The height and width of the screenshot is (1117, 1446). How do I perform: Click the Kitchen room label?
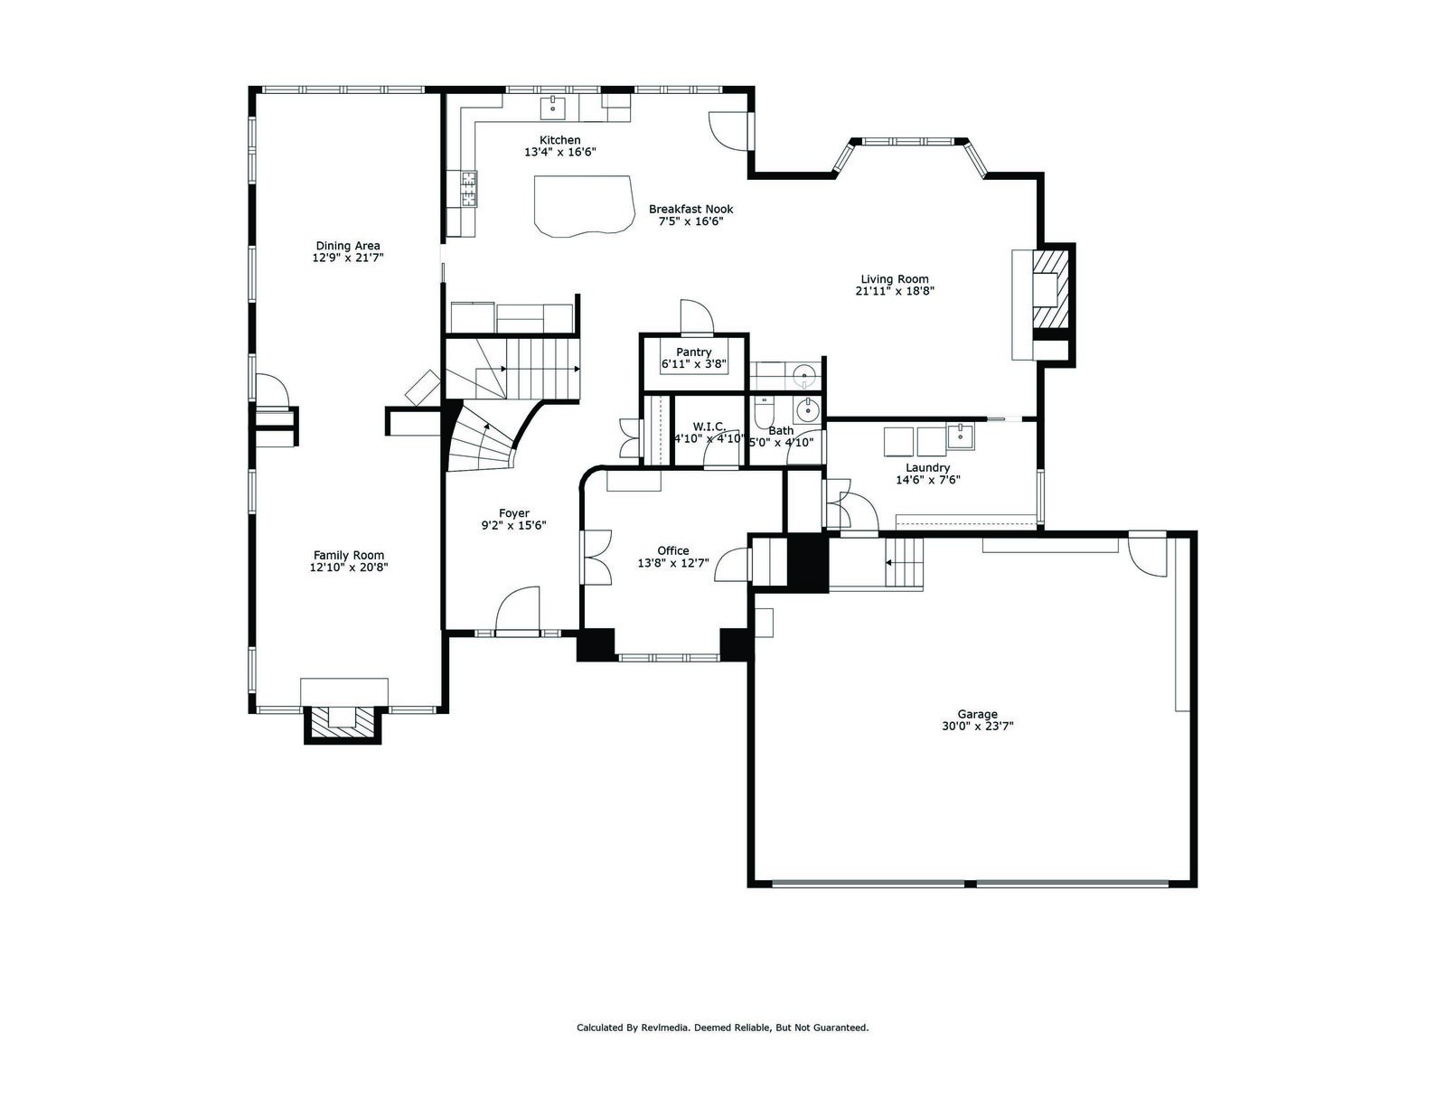559,140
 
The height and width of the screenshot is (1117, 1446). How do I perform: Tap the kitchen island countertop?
582,205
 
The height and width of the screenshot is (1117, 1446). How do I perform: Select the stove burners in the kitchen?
469,188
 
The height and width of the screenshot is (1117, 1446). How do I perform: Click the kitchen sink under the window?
552,108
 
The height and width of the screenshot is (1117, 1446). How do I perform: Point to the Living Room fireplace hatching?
1051,288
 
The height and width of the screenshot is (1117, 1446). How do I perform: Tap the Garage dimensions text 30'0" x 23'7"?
977,727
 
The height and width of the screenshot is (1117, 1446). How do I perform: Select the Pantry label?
693,352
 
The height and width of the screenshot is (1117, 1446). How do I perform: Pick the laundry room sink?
960,436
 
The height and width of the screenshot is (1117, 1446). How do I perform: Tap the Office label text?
672,551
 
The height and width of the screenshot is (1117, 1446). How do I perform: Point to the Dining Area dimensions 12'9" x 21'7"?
348,258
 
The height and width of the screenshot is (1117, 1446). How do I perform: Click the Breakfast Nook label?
690,209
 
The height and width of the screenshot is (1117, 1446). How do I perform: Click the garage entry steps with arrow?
904,563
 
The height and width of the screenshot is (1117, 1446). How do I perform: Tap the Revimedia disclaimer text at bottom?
723,1028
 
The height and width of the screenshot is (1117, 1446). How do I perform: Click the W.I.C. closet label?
709,427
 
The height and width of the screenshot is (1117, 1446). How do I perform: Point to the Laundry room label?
927,468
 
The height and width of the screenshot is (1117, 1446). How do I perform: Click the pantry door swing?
696,316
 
